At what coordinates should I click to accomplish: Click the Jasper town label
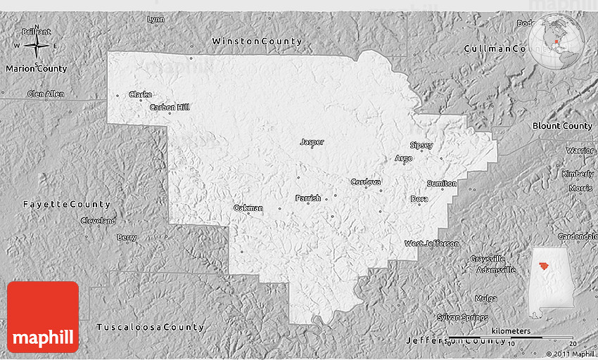tap(312, 142)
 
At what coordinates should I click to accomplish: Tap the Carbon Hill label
tap(170, 108)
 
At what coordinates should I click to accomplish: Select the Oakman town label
tap(248, 208)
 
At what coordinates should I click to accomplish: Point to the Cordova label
tap(366, 182)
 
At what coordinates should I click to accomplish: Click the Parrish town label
tap(308, 198)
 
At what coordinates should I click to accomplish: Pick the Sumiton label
tap(442, 184)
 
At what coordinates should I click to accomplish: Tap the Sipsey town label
tap(421, 146)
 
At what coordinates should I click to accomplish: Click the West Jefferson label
tap(431, 243)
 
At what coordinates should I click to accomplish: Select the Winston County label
tap(257, 41)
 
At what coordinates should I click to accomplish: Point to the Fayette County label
tap(66, 204)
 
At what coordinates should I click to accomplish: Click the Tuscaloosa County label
tap(150, 327)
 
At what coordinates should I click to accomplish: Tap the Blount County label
tap(562, 126)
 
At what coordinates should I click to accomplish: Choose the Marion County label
tap(36, 69)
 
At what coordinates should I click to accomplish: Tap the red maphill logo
tap(43, 316)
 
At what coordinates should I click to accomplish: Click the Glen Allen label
tap(46, 94)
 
